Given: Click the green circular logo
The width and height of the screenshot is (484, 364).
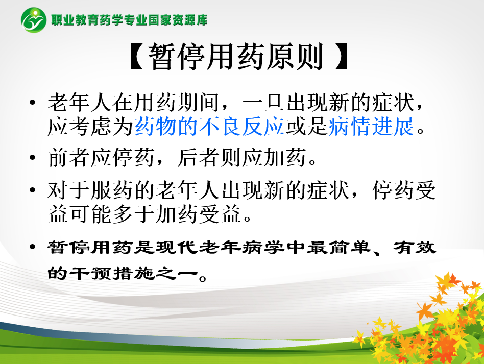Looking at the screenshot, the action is pyautogui.click(x=34, y=20).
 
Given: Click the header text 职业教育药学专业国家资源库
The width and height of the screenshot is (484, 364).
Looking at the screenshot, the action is pyautogui.click(x=129, y=20).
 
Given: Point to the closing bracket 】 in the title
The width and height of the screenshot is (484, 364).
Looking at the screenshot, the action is pyautogui.click(x=342, y=57).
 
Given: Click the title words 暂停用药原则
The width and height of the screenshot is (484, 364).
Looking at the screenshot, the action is pyautogui.click(x=235, y=57).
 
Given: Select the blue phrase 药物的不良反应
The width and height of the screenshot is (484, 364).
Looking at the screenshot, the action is pyautogui.click(x=209, y=126).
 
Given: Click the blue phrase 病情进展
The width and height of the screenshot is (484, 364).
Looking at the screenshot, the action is pyautogui.click(x=371, y=126).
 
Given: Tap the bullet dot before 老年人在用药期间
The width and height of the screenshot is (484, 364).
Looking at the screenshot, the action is pyautogui.click(x=32, y=102).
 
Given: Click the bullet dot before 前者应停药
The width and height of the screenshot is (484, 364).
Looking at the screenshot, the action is pyautogui.click(x=32, y=157).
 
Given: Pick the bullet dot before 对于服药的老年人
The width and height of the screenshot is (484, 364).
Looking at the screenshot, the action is pyautogui.click(x=32, y=190).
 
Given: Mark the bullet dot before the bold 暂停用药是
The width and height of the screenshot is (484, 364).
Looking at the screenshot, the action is pyautogui.click(x=32, y=247).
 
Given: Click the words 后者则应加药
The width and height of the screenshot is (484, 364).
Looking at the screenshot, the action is pyautogui.click(x=241, y=157).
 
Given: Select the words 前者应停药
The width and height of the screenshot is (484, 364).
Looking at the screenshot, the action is pyautogui.click(x=101, y=157).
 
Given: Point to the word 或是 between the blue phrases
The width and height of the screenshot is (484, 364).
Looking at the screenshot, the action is pyautogui.click(x=306, y=126).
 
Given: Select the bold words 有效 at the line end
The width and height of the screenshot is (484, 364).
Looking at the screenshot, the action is pyautogui.click(x=415, y=247).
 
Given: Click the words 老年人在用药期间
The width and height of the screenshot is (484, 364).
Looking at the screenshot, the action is pyautogui.click(x=133, y=102).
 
